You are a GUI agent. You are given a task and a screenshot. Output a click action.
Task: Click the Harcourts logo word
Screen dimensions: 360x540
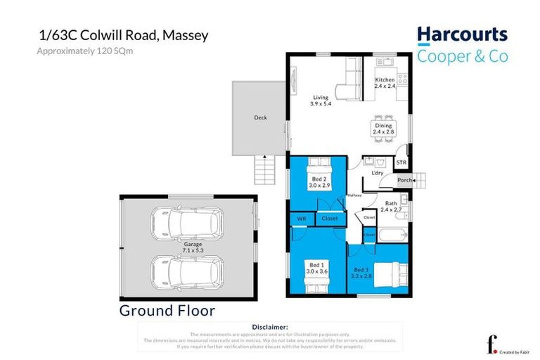[x=462, y=34]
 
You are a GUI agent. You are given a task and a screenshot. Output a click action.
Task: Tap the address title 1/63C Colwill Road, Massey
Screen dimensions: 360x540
[x=122, y=35]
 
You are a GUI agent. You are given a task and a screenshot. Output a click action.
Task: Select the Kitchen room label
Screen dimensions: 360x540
[x=385, y=83]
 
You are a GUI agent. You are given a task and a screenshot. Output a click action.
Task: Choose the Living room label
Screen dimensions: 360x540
[x=320, y=101]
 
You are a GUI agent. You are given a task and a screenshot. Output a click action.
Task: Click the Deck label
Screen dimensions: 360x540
[x=260, y=117]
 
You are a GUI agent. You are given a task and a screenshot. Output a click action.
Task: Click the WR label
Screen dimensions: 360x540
[x=302, y=219]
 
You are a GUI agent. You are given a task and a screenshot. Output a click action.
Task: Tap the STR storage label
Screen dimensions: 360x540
[x=401, y=163]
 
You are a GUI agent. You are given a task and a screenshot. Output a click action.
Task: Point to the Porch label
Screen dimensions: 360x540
[x=405, y=180]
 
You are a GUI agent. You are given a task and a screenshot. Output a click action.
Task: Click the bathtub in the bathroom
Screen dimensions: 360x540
[x=391, y=234]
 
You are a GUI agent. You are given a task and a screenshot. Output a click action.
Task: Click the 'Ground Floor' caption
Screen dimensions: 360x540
[x=167, y=310]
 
